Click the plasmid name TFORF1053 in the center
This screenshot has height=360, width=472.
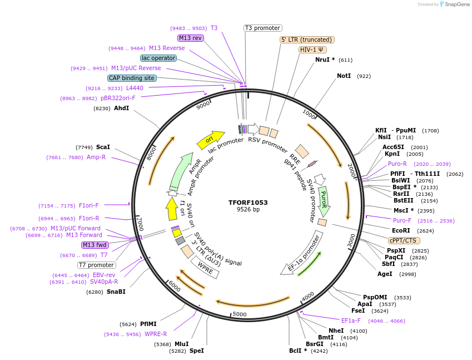(x=248, y=203)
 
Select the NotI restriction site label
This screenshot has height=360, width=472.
(x=344, y=76)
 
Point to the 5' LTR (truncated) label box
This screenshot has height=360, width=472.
(x=306, y=40)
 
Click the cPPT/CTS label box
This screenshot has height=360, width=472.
(x=404, y=240)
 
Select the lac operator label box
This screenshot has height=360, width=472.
(x=159, y=58)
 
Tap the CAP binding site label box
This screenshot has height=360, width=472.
(x=132, y=78)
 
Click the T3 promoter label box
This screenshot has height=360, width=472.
(x=263, y=28)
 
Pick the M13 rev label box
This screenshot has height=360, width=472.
(x=191, y=38)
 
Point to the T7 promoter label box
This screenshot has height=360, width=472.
(x=96, y=265)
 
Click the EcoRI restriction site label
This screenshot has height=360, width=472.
(x=401, y=230)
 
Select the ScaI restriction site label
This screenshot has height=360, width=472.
(x=103, y=147)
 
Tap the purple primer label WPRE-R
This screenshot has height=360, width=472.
(x=156, y=334)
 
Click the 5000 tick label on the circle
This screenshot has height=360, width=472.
(x=239, y=314)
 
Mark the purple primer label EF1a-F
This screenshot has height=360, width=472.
(x=351, y=320)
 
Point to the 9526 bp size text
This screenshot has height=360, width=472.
(x=248, y=210)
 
